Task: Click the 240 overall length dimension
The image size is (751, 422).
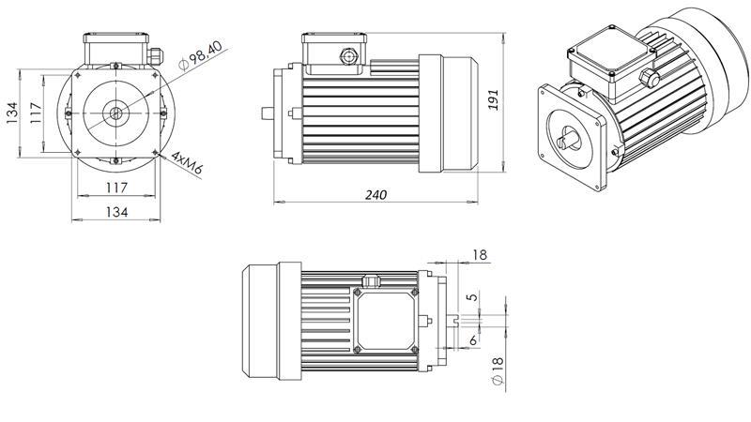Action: pos(375,194)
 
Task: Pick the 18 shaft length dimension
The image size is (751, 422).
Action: pos(479,255)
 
